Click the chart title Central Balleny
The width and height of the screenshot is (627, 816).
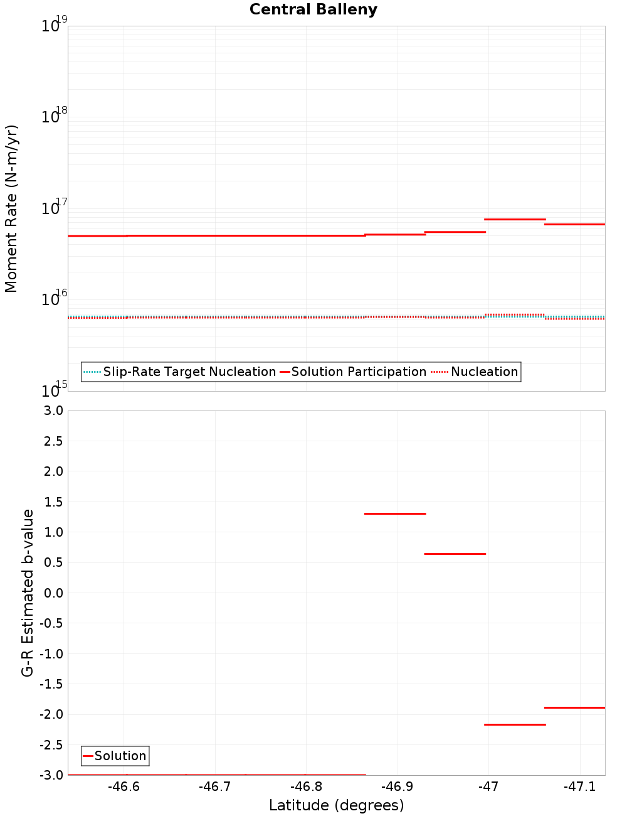pyautogui.click(x=313, y=9)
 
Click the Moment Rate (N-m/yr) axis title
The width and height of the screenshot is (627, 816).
pyautogui.click(x=11, y=208)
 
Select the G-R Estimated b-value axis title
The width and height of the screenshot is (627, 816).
pyautogui.click(x=28, y=593)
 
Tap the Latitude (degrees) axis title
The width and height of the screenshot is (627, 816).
pyautogui.click(x=336, y=805)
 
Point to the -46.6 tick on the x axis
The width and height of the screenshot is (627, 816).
pyautogui.click(x=124, y=786)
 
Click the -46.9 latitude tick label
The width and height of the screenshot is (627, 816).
pyautogui.click(x=398, y=786)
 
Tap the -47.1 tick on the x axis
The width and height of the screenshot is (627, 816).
pyautogui.click(x=580, y=786)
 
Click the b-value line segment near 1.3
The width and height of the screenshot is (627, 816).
pyautogui.click(x=395, y=513)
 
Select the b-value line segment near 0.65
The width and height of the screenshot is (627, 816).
pyautogui.click(x=455, y=554)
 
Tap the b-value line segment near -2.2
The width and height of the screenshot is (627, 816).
pyautogui.click(x=515, y=724)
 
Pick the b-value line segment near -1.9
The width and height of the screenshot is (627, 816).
pyautogui.click(x=574, y=707)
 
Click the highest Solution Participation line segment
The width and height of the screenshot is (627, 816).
pyautogui.click(x=515, y=219)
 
